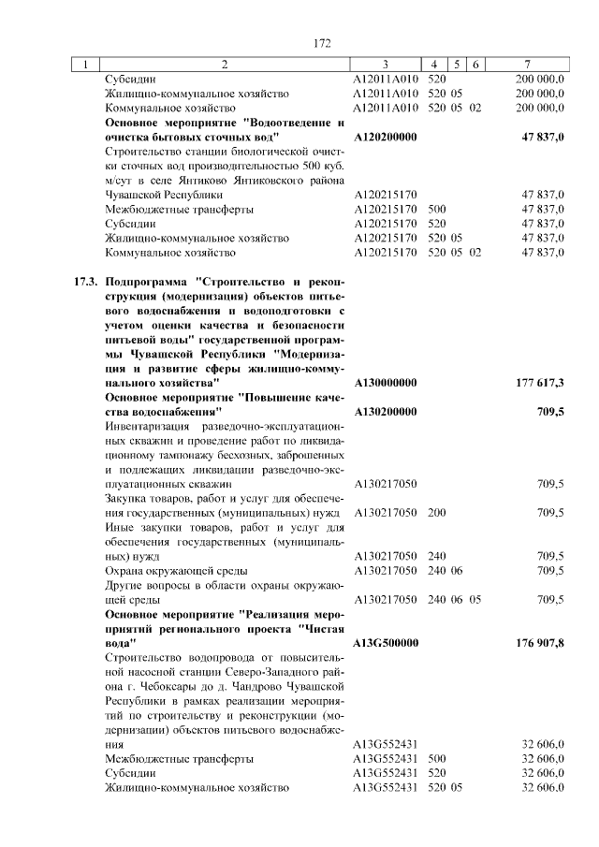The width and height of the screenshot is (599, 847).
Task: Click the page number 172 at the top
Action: pos(323,43)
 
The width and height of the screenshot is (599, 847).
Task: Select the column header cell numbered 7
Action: pos(529,65)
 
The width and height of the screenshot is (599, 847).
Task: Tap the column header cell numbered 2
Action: pos(225,65)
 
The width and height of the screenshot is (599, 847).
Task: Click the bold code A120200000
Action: pos(386,137)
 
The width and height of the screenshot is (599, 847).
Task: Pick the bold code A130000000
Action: pos(386,383)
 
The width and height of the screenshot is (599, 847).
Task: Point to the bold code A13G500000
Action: pos(386,643)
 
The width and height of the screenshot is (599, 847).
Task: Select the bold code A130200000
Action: pos(386,412)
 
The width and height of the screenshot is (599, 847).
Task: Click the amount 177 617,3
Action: pos(540,383)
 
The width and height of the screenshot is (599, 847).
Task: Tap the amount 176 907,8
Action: pos(540,643)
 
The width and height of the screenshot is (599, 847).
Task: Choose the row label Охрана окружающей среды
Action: pos(176,570)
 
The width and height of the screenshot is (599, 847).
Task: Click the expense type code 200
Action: pos(436,513)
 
